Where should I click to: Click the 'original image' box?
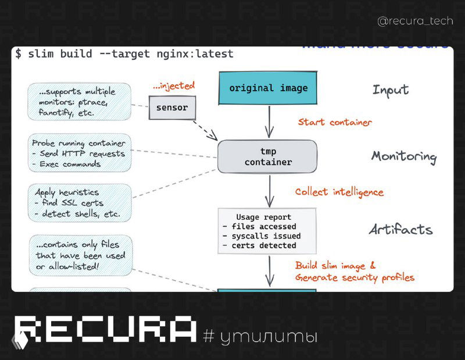tap(268, 88)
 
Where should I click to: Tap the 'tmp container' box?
tap(267, 156)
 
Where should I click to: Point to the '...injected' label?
tap(173, 86)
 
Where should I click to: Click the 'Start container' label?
tap(335, 122)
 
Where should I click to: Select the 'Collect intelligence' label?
tap(339, 192)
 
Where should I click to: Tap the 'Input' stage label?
tap(391, 90)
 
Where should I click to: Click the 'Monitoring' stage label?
tap(403, 156)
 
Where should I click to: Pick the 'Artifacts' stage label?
tap(400, 229)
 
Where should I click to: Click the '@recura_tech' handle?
tap(415, 22)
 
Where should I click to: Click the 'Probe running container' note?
tap(79, 154)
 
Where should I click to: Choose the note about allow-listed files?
tap(80, 255)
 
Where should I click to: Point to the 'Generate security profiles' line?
tap(355, 277)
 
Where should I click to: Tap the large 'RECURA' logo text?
tap(105, 330)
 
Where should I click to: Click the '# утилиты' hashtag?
tap(260, 336)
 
